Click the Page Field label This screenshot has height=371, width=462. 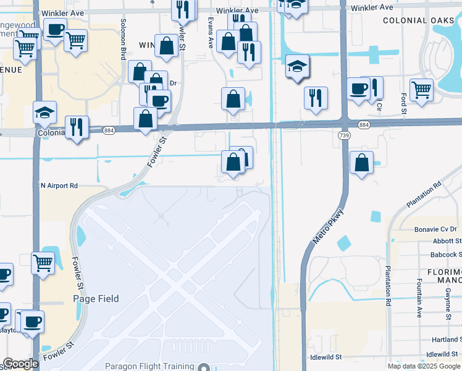tap(96, 299)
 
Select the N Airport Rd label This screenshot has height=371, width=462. tap(59, 185)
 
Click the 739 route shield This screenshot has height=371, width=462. tap(344, 135)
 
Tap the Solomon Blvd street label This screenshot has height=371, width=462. tap(124, 46)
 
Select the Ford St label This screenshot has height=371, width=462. tap(403, 104)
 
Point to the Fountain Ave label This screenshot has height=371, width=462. tap(418, 304)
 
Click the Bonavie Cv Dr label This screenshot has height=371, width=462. tap(435, 229)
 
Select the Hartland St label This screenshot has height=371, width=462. tap(445, 339)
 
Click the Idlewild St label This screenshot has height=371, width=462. tap(325, 357)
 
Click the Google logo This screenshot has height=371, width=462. tap(21, 363)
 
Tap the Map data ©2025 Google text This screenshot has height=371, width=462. tap(423, 366)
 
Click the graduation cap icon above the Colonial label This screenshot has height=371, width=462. tap(44, 113)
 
